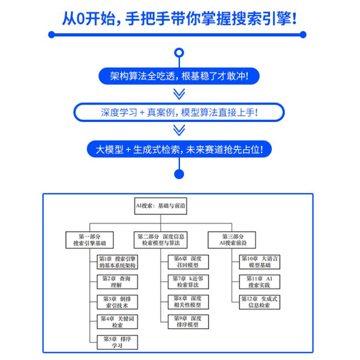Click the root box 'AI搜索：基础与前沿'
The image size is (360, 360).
tap(160, 206)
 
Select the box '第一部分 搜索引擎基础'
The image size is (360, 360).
tap(89, 240)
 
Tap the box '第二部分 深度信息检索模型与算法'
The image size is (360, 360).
tap(162, 240)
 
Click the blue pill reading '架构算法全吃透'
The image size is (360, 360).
tap(180, 76)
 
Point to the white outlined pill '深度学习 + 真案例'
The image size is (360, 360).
tap(180, 112)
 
